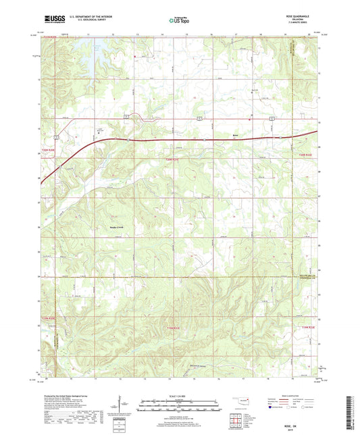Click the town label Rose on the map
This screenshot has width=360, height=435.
coord(235,134)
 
